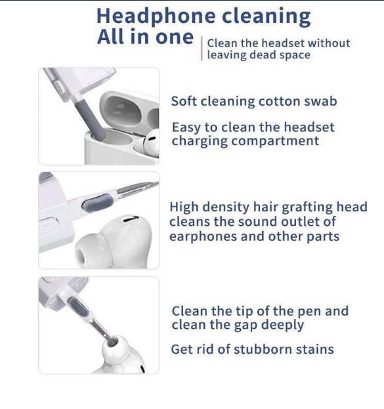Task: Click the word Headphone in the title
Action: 156,17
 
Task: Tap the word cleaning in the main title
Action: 266,17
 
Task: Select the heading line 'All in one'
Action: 145,37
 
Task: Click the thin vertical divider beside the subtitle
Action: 202,49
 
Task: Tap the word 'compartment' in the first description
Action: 275,141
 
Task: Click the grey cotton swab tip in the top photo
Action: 89,120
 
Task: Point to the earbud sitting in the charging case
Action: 149,143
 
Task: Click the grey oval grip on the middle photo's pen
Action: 98,202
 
